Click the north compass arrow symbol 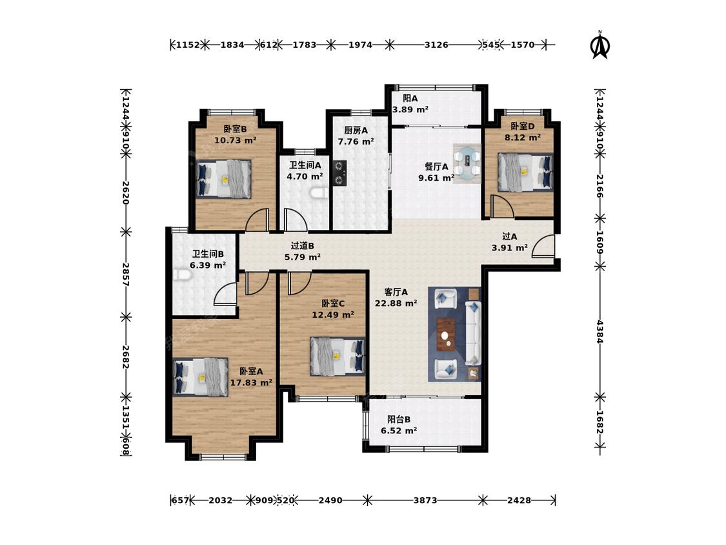point(601,45)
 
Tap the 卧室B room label point(235,129)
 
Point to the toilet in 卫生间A point(318,193)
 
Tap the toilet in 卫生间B point(182,274)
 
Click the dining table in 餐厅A point(467,163)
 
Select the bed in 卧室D point(525,172)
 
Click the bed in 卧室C point(338,355)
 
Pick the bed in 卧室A point(201,376)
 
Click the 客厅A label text point(396,292)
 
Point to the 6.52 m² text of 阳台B point(399,431)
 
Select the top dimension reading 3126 point(436,45)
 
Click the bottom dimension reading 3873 point(425,500)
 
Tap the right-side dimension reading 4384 point(600,331)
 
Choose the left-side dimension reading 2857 point(125,274)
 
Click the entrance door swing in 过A point(543,246)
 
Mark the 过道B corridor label point(303,245)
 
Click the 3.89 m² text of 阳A point(410,110)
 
